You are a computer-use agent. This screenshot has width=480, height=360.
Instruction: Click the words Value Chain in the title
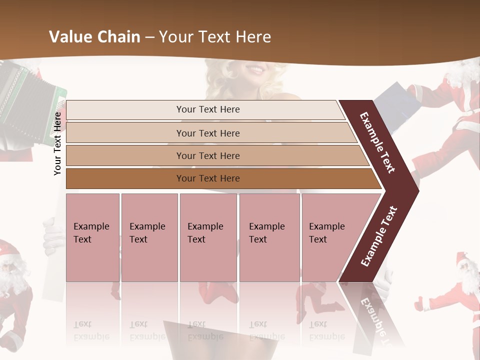(x=94, y=37)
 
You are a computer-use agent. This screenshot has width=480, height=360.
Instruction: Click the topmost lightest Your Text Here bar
(x=207, y=109)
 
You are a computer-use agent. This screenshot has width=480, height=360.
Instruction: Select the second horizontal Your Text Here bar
(x=207, y=133)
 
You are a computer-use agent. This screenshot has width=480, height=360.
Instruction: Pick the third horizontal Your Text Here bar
(x=207, y=155)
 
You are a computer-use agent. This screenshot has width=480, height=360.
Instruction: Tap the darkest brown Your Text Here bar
(x=207, y=178)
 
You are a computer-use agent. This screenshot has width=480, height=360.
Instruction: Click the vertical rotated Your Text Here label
(x=57, y=143)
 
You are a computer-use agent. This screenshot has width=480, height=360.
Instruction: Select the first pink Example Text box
(x=92, y=237)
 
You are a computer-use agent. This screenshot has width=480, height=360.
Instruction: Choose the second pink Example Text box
(x=149, y=237)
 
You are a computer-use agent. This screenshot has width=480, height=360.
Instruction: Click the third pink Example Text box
(x=207, y=237)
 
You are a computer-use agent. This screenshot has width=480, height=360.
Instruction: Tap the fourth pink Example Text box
(x=269, y=237)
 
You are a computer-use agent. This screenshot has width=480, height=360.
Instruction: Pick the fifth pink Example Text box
(x=328, y=237)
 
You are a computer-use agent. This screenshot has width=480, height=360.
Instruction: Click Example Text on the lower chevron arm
(x=379, y=236)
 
